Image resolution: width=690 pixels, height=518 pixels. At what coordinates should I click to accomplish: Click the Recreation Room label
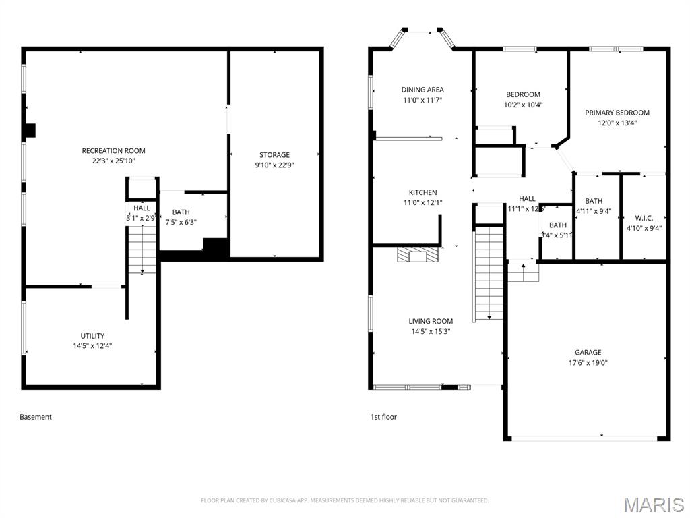coord(113,151)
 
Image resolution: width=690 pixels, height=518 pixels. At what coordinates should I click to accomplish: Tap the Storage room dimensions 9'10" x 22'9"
coord(274,165)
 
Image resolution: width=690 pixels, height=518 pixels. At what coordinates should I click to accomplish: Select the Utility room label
coord(92,336)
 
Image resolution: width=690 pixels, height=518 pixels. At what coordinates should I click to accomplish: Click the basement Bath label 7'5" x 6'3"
coord(181,212)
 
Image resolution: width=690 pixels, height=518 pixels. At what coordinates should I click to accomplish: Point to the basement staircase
coord(142,250)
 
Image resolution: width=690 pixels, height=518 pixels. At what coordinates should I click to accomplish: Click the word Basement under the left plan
coord(36,417)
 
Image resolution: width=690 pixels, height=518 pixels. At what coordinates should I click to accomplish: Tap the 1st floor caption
coord(383,417)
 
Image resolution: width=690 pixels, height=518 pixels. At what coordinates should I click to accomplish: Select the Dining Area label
coord(422,90)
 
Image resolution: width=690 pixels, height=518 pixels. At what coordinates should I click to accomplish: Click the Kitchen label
coord(422,192)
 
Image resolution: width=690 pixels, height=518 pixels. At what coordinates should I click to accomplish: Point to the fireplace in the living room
coord(417,254)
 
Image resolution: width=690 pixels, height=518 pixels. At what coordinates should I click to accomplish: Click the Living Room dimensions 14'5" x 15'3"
coord(430,331)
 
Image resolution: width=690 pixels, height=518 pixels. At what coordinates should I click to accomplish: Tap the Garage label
coord(588,352)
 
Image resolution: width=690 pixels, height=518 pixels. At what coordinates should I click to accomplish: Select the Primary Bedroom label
coord(617,113)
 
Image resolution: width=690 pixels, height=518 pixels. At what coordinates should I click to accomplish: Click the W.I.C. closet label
coord(644,218)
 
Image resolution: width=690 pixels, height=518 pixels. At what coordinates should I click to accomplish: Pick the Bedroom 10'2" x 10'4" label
coord(523,94)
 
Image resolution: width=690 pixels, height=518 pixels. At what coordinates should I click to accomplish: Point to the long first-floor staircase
coord(490,273)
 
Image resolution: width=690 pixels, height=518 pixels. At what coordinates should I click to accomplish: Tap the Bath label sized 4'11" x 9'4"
coord(594,201)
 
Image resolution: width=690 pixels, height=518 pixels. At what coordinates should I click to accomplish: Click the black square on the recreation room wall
coord(30,131)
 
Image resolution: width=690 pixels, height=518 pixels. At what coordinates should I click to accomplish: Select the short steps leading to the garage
coord(523,272)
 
